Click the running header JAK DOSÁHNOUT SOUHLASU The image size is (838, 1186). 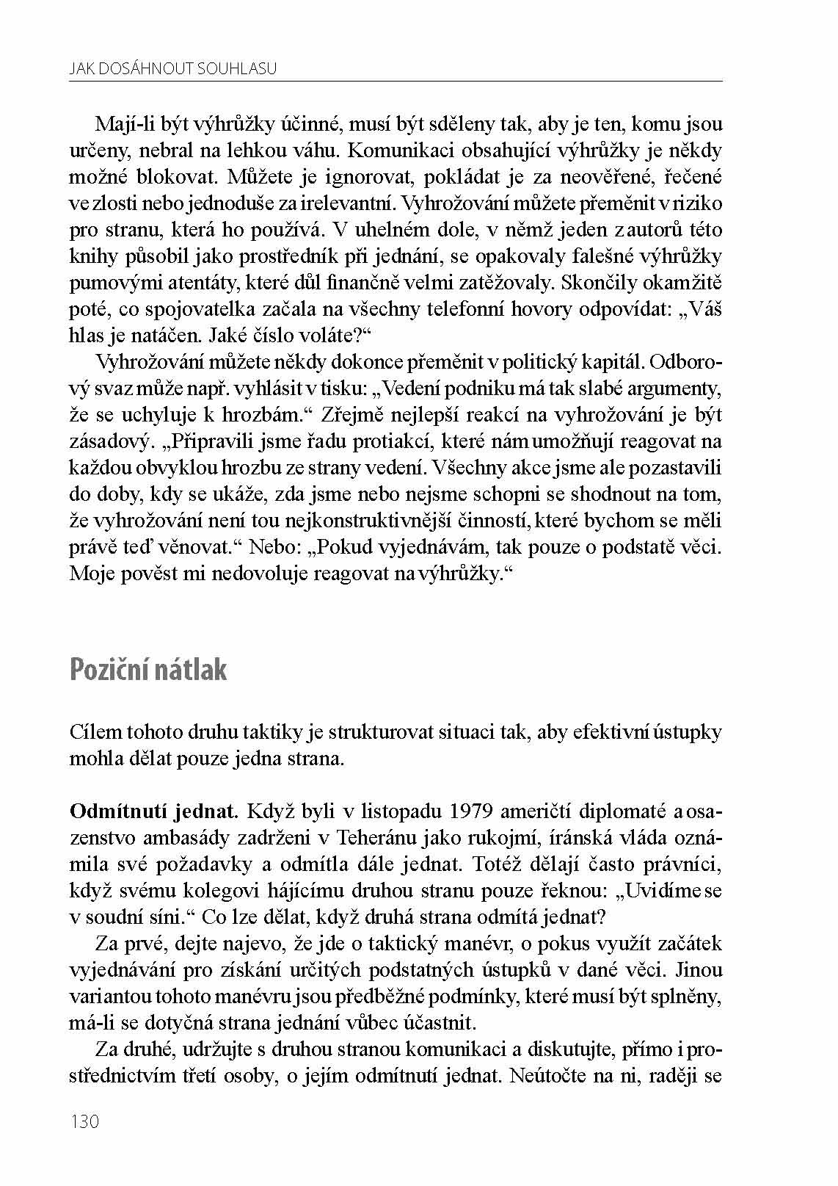(173, 69)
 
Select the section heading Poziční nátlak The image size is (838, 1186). (148, 670)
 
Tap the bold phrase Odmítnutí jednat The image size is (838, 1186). (154, 811)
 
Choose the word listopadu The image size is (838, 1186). (393, 811)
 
